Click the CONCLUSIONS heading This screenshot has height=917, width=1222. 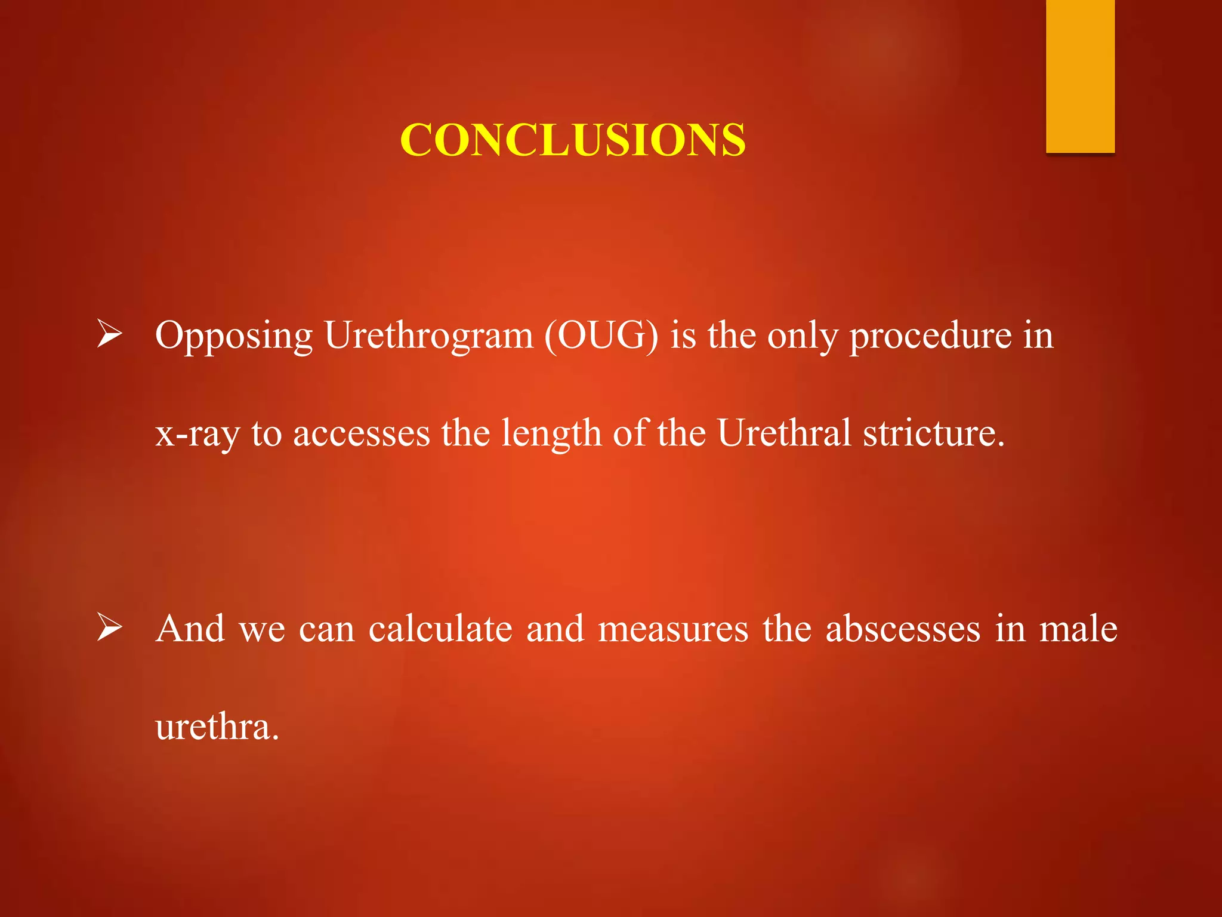[x=572, y=140]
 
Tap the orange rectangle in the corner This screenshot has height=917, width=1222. [x=1080, y=76]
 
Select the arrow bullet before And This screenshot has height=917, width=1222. [x=110, y=627]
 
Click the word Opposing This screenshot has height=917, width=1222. [x=233, y=336]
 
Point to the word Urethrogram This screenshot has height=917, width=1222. [x=428, y=336]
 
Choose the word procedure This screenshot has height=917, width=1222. [x=930, y=336]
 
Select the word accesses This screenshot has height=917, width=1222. [x=361, y=434]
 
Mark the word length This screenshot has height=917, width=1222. [x=551, y=434]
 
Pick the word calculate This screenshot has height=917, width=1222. [x=440, y=629]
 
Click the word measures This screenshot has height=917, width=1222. [x=673, y=630]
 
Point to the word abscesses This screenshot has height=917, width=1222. [x=903, y=630]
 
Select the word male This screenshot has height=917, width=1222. [x=1078, y=629]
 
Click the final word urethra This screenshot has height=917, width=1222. [x=216, y=727]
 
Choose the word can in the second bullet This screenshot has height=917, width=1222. [x=326, y=630]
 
